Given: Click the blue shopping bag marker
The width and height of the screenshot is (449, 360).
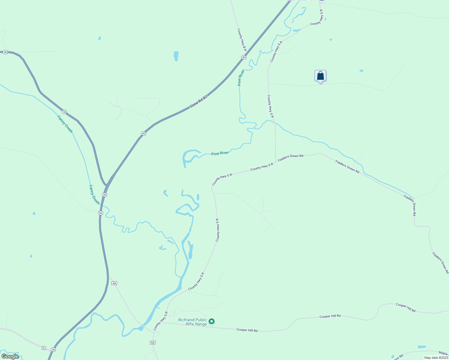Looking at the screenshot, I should [x=320, y=76].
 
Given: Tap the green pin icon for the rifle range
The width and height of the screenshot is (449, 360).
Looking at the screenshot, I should [x=212, y=322].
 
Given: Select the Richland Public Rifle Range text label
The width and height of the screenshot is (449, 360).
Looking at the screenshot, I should [x=192, y=322].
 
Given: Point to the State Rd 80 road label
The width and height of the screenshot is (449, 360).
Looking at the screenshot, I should [x=198, y=102].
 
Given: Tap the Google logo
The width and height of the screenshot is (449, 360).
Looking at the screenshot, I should [x=10, y=356].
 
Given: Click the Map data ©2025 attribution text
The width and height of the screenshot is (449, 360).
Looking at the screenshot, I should [x=436, y=358].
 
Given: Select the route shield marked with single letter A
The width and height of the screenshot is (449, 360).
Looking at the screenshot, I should [x=44, y=348].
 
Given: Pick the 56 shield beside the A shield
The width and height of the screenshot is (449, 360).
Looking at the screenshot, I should [x=53, y=349].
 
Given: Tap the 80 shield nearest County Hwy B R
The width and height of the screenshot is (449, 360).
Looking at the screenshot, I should [x=244, y=57].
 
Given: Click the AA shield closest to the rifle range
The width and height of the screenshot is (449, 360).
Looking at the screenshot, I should [x=152, y=343].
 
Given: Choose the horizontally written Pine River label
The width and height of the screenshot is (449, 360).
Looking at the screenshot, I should [x=220, y=153].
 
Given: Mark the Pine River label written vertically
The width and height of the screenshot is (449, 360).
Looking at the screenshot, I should [x=240, y=78].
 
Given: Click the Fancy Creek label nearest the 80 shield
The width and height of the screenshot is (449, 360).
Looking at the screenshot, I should [x=94, y=194].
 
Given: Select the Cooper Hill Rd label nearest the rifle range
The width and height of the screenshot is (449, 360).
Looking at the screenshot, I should [x=247, y=330].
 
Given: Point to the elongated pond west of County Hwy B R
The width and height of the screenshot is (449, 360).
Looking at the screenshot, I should [x=176, y=56].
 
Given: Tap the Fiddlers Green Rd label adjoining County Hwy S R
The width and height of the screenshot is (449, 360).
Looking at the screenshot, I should [x=290, y=158].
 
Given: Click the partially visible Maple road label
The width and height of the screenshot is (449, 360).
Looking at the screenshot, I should [x=443, y=353].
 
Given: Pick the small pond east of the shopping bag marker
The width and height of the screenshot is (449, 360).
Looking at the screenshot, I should [x=361, y=71].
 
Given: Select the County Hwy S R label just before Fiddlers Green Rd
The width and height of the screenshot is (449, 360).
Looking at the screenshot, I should [x=262, y=166].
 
